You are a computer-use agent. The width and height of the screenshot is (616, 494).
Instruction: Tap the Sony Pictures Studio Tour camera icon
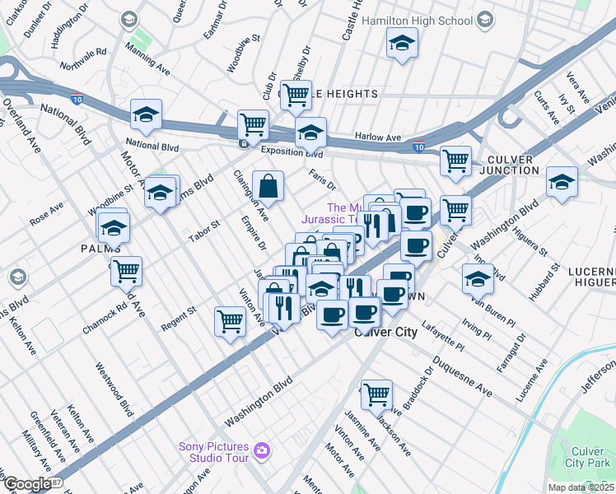pyautogui.click(x=262, y=449)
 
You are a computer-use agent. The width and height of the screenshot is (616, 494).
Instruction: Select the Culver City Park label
pyautogui.click(x=588, y=458)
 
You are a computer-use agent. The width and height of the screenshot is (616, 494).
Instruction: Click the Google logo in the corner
pyautogui.click(x=26, y=484)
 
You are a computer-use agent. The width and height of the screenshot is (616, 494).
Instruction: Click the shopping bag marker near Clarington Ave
pyautogui.click(x=268, y=187)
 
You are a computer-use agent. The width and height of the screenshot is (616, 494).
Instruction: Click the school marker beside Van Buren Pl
pyautogui.click(x=478, y=278)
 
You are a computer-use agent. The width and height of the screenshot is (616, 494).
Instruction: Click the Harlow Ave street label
pyautogui.click(x=377, y=137)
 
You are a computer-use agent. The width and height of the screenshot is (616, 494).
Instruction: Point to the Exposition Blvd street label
pyautogui.click(x=292, y=152)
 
